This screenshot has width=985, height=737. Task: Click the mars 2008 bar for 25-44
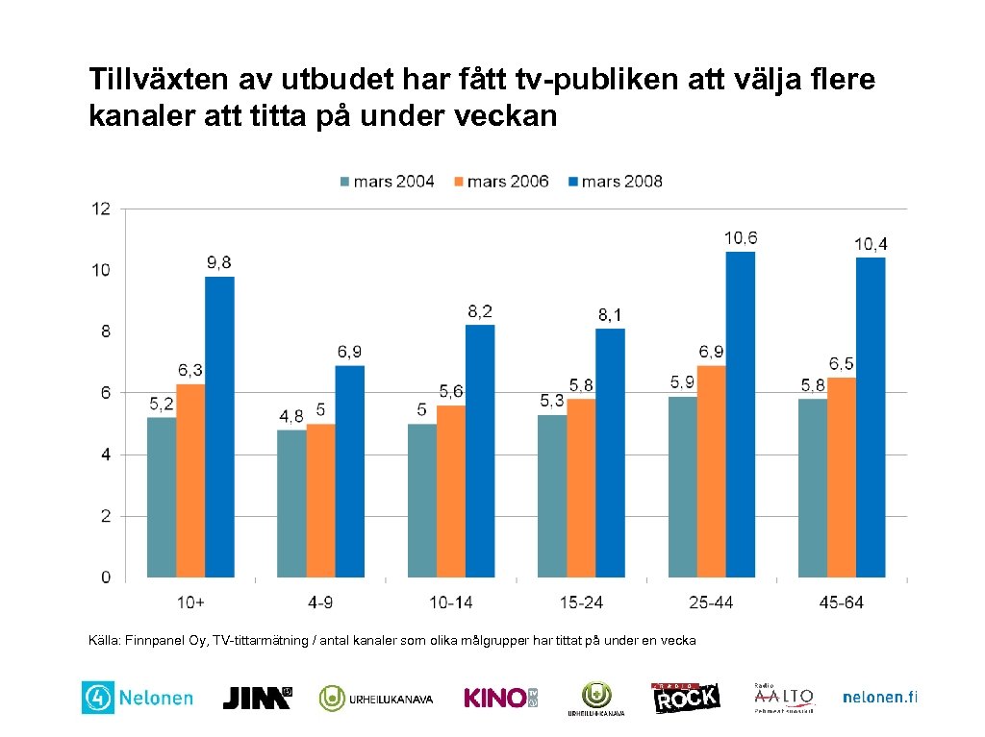coord(741,414)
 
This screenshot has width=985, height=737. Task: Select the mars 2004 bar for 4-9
coord(291,504)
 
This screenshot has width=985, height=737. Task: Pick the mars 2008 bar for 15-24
coord(610,453)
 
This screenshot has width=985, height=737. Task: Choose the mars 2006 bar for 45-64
coord(842,478)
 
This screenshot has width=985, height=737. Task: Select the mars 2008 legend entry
coord(614,181)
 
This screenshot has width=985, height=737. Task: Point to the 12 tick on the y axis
coord(101,209)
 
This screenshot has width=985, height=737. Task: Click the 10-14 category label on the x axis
coord(450,602)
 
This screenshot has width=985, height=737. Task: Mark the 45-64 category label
coord(842,602)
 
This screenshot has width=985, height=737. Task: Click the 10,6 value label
coord(741,237)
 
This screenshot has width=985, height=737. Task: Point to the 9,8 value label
coord(218,262)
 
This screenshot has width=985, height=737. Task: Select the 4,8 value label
coord(291,416)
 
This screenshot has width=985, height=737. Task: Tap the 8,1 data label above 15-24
coord(610,314)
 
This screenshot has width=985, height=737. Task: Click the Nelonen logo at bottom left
coord(138,699)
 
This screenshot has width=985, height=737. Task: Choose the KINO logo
coord(500,698)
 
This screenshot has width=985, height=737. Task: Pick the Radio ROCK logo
coord(686,698)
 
